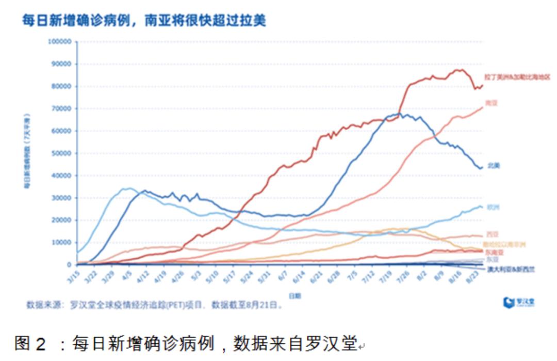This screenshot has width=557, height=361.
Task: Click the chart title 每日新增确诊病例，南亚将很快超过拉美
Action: pyautogui.click(x=144, y=21)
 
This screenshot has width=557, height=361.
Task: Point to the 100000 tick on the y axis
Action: pyautogui.click(x=59, y=41)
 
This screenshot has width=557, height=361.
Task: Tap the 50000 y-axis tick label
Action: pyautogui.click(x=61, y=153)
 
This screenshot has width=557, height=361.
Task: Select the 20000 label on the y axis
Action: pyautogui.click(x=61, y=220)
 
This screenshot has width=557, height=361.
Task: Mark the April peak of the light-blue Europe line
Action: pyautogui.click(x=129, y=189)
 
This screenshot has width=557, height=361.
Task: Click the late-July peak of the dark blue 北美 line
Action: pyautogui.click(x=400, y=114)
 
